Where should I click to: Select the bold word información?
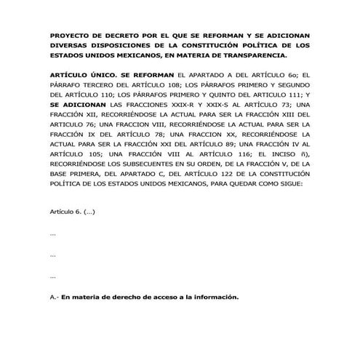[x=217, y=297]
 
